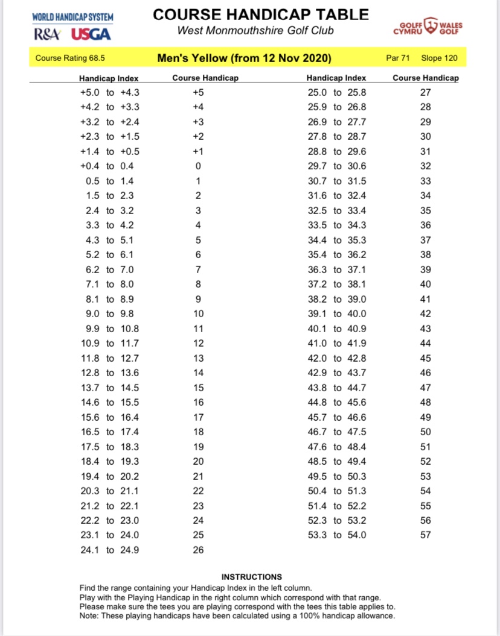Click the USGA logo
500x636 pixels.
pos(91,34)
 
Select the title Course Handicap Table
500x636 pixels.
pos(260,14)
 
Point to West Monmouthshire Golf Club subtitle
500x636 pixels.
pos(255,30)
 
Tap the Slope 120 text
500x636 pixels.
pos(439,58)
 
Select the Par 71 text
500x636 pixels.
pos(398,58)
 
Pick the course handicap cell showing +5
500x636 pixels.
pos(198,92)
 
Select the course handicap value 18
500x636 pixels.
pos(198,432)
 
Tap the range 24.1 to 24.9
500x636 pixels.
pos(110,550)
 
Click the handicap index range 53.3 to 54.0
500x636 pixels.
pos(337,535)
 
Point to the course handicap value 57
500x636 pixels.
pos(426,535)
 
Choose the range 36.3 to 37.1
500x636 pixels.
pos(337,269)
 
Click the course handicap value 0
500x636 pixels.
pos(198,166)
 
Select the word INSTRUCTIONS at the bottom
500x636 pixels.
pos(251,577)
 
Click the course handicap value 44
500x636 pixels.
pos(426,343)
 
